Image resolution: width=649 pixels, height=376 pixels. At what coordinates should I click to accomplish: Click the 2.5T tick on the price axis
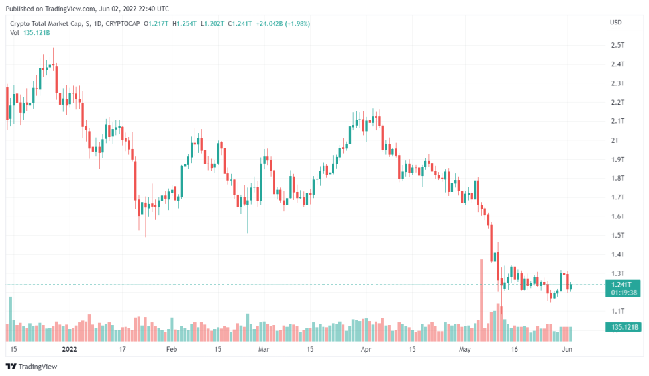coord(617,45)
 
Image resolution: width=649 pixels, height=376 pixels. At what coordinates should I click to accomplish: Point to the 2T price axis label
coord(614,140)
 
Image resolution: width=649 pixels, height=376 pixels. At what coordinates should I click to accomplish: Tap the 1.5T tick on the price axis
coord(617,235)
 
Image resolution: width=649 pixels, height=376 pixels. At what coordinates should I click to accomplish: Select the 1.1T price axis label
coord(617,311)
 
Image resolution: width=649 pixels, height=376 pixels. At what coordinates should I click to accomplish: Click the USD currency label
coord(615,23)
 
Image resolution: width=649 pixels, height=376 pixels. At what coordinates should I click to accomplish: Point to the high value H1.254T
coord(185,24)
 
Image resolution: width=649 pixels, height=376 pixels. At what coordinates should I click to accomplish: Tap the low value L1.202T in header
coord(213,24)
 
